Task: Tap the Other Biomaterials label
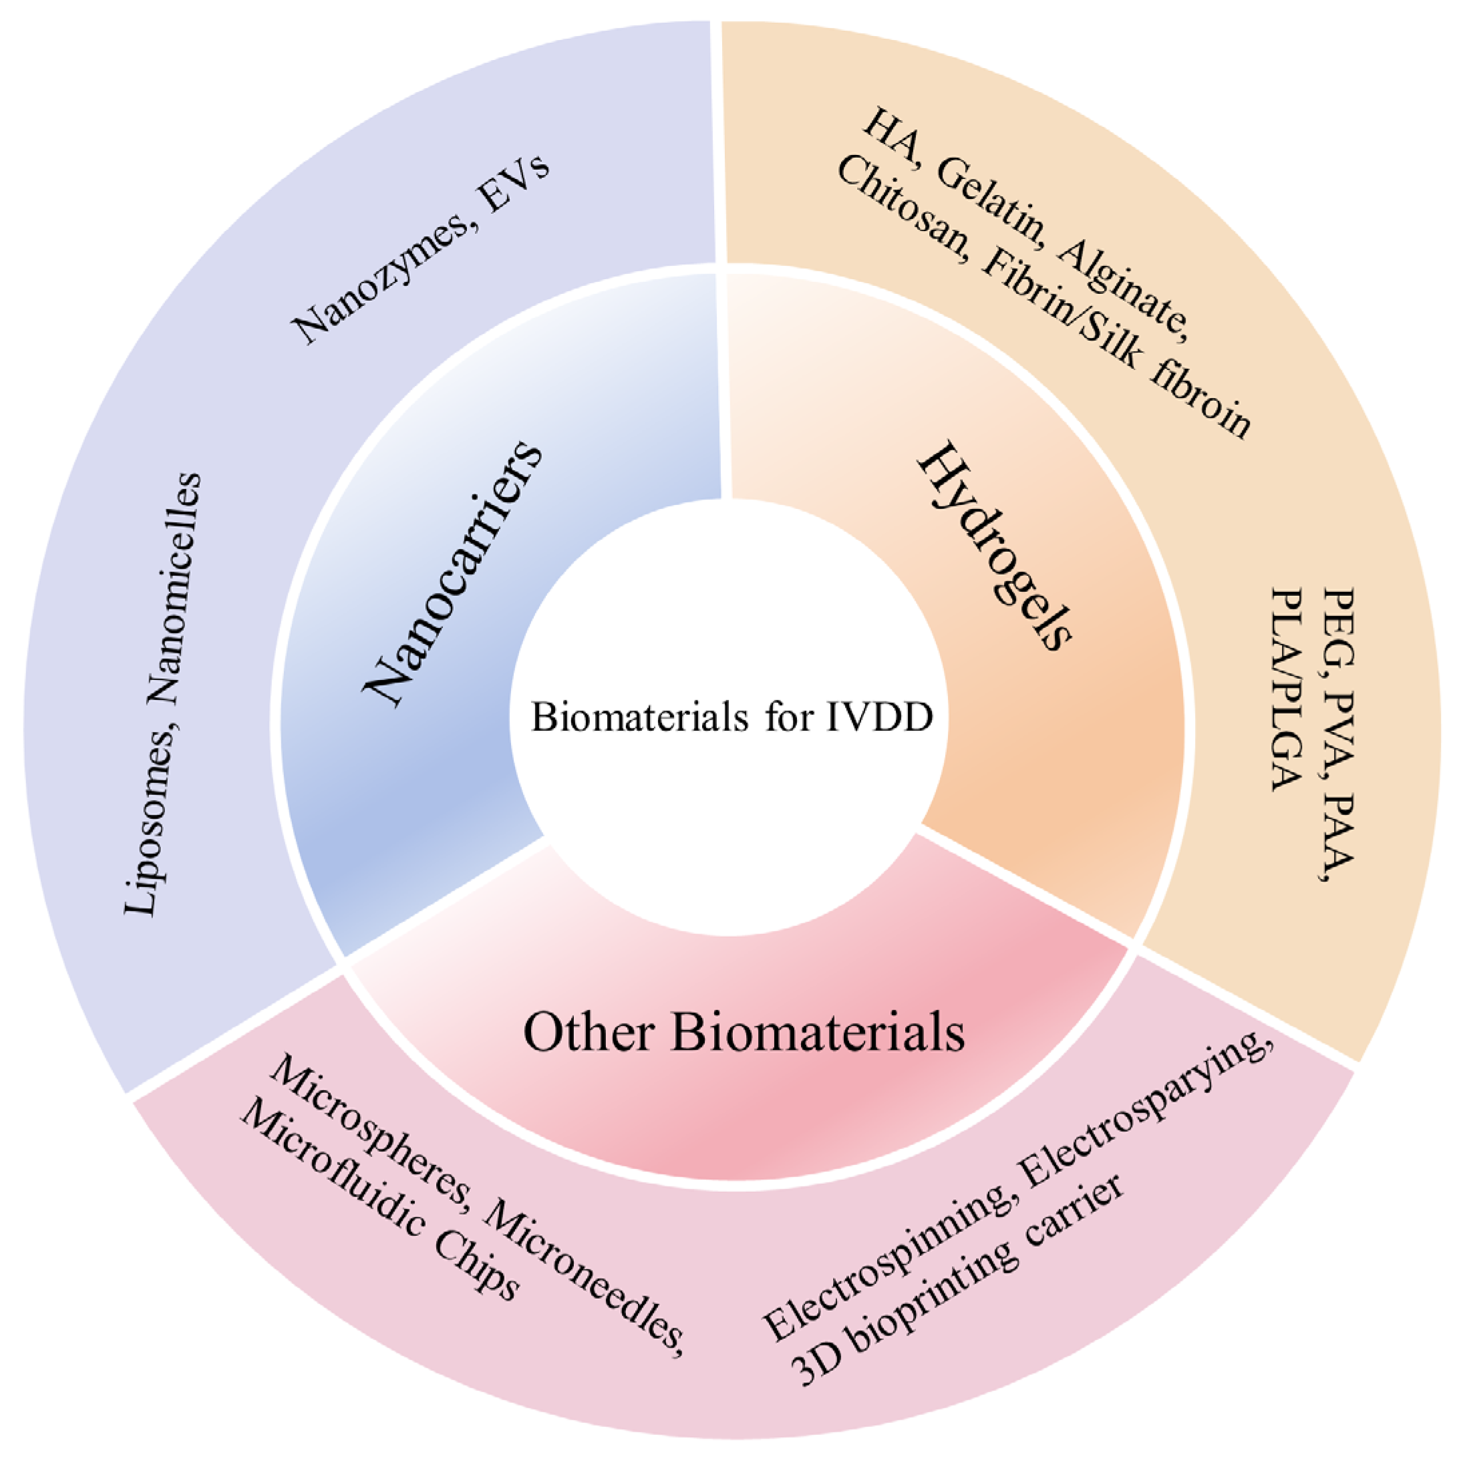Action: coord(744,1032)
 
